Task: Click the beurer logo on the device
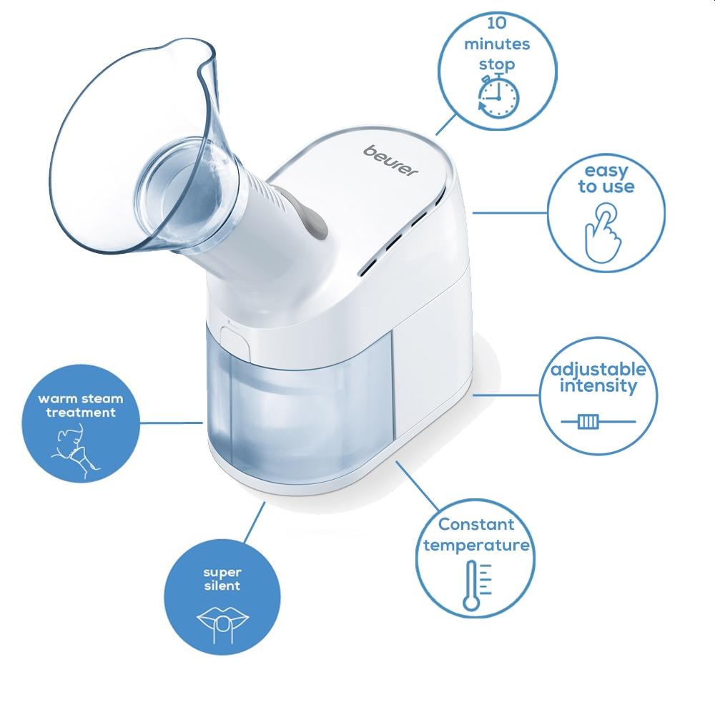click(390, 160)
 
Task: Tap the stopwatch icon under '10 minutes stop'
click(498, 97)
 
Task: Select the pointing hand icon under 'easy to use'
click(603, 233)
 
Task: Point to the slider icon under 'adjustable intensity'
click(598, 421)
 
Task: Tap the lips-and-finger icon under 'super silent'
click(222, 624)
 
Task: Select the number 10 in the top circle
click(497, 23)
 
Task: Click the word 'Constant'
click(476, 524)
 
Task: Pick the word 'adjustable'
click(598, 369)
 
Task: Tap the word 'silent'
click(222, 586)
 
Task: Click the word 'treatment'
click(81, 413)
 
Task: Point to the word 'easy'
click(606, 172)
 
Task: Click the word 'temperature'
click(476, 545)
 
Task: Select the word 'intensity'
click(598, 386)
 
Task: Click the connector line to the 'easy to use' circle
click(510, 212)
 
